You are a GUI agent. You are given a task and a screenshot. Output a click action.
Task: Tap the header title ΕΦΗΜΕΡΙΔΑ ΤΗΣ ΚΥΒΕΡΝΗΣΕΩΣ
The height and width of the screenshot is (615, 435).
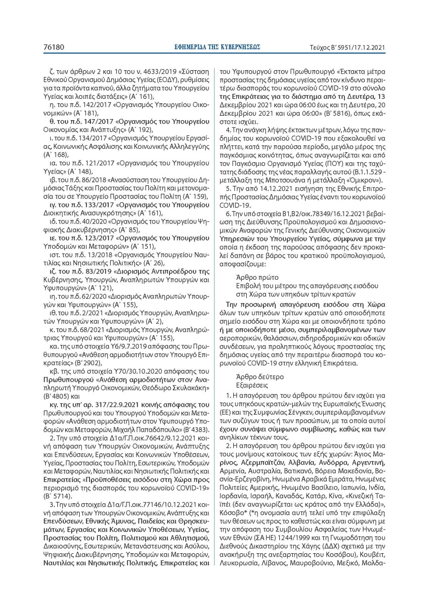tap(217, 47)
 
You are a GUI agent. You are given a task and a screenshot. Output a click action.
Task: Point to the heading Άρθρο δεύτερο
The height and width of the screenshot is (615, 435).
tap(260, 376)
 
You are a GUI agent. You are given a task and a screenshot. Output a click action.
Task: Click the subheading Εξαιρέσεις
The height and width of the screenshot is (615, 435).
tap(256, 385)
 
